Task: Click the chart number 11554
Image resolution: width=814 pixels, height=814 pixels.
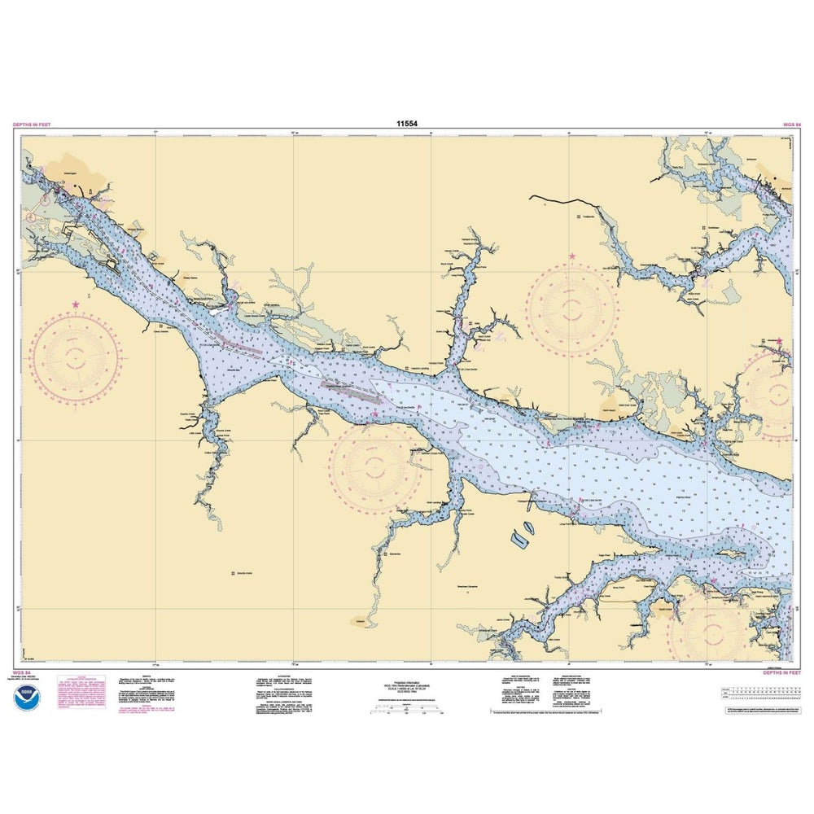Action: (408, 125)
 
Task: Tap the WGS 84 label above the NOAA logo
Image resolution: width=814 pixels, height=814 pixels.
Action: (21, 673)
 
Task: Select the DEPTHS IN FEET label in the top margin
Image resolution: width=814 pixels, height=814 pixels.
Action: (32, 125)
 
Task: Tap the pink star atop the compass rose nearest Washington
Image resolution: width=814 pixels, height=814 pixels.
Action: (76, 304)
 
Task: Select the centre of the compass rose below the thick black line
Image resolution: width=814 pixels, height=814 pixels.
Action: (571, 308)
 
